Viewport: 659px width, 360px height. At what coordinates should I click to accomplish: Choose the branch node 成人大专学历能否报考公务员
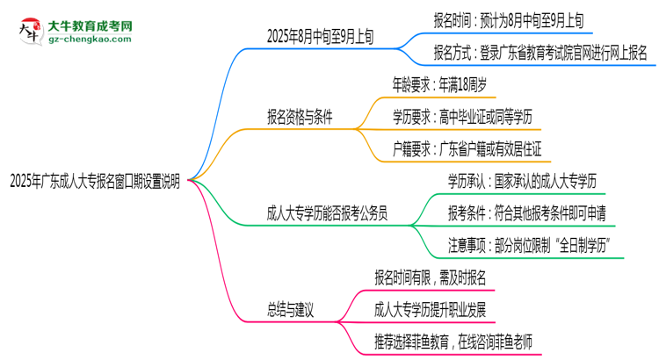[x=329, y=212]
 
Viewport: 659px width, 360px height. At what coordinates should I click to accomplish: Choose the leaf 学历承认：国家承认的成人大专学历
[x=522, y=181]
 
